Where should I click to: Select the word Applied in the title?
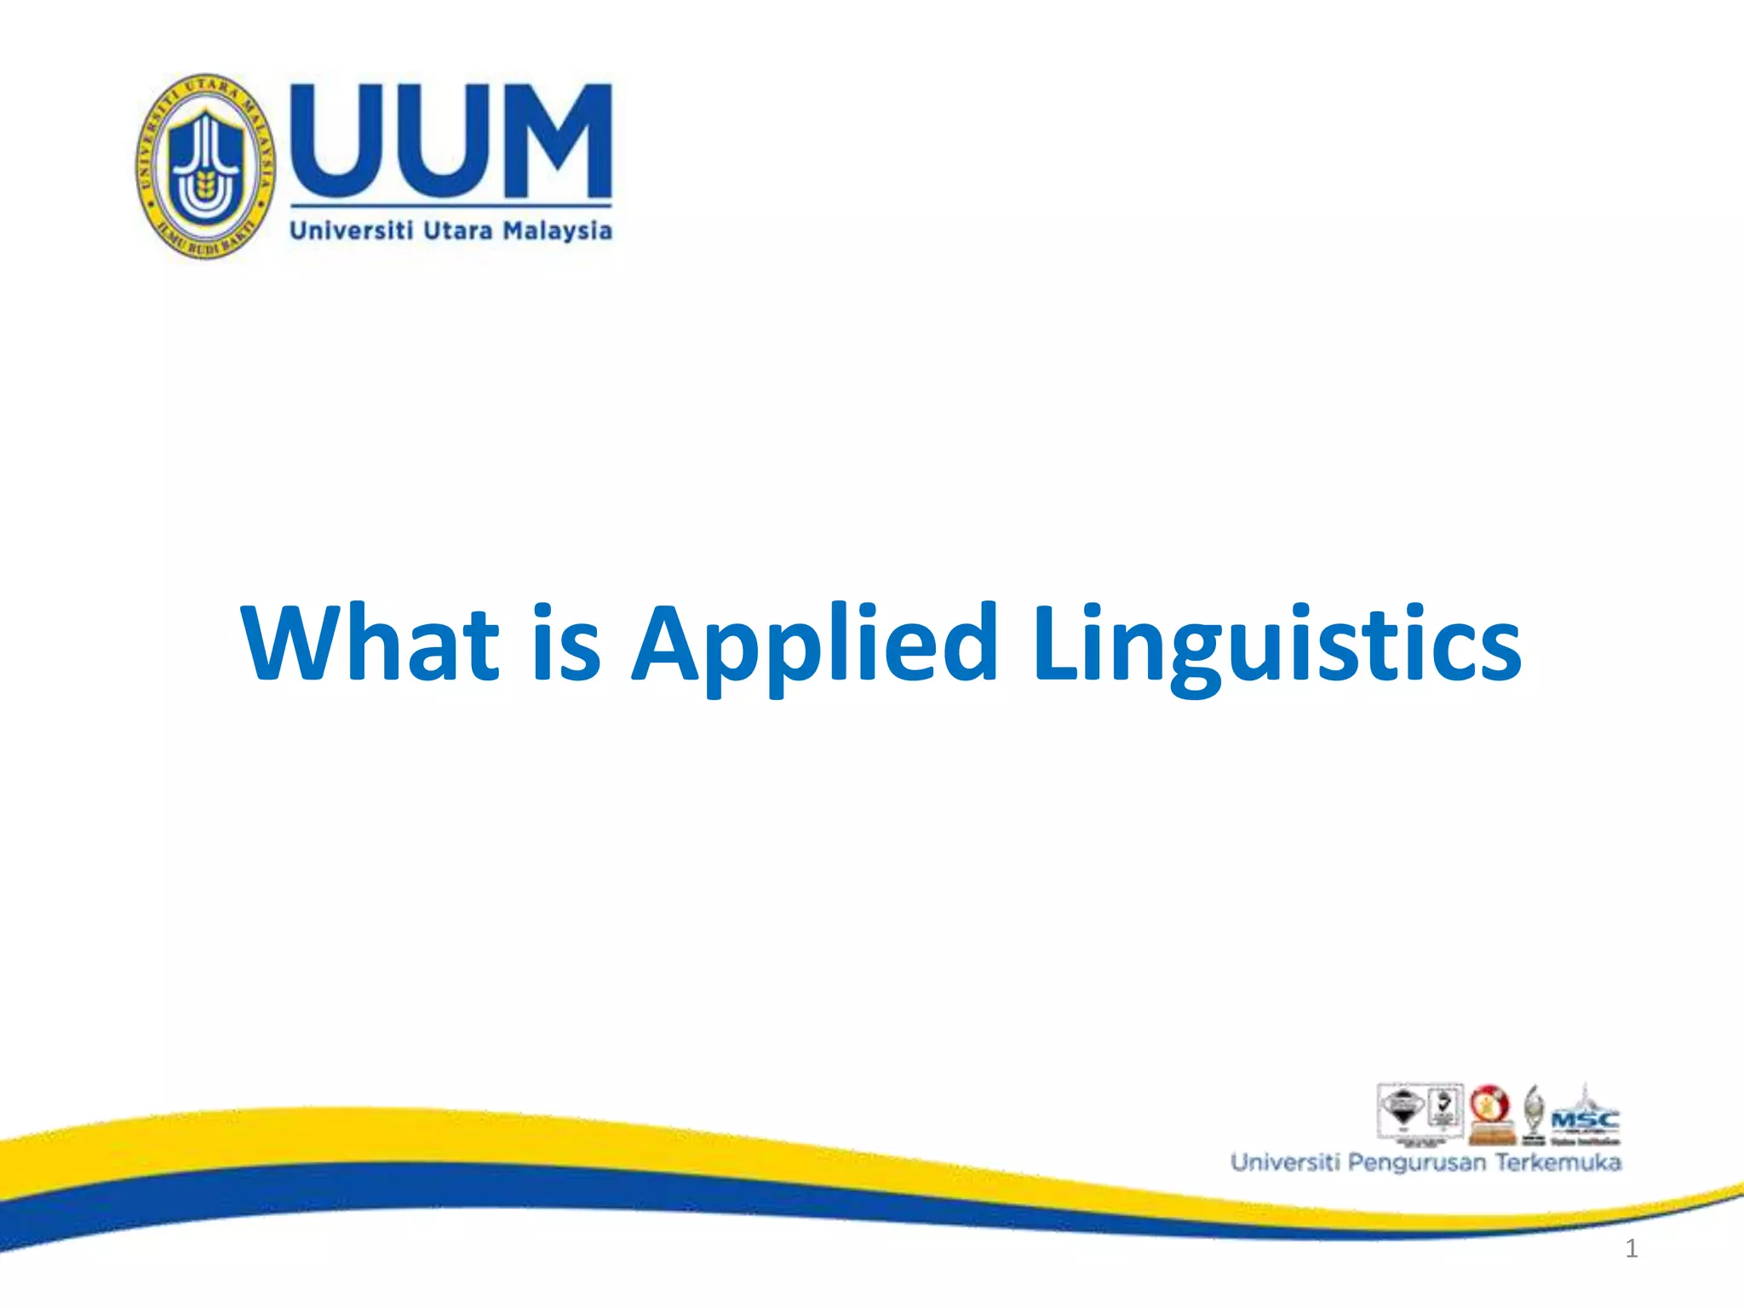tap(814, 645)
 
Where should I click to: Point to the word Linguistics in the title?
tap(1276, 645)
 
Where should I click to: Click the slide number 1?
tap(1631, 1248)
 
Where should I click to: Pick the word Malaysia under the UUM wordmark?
tap(557, 231)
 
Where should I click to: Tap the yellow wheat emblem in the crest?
tap(204, 182)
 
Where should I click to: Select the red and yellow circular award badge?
tap(1489, 1107)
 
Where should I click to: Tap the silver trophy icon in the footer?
tap(1534, 1111)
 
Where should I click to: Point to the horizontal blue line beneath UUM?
tap(450, 205)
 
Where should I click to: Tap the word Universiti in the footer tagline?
tap(1285, 1162)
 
